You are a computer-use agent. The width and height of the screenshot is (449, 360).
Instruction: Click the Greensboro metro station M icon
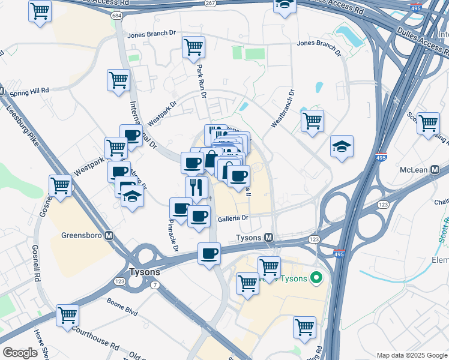click(109, 236)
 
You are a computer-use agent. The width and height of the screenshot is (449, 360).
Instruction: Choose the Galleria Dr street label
click(234, 219)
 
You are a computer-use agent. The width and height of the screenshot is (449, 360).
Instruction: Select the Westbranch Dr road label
click(283, 109)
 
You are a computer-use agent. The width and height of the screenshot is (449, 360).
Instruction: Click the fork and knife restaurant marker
click(196, 187)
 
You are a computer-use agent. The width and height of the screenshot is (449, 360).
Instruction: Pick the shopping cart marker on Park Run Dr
click(193, 47)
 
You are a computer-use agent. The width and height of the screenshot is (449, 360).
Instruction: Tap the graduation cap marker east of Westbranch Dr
click(342, 146)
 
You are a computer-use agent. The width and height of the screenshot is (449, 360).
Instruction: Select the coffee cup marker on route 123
click(209, 253)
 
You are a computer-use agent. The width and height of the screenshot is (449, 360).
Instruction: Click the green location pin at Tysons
click(318, 278)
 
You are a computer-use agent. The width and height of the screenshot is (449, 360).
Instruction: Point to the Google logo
click(20, 353)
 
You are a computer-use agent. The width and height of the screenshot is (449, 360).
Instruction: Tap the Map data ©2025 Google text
click(411, 355)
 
